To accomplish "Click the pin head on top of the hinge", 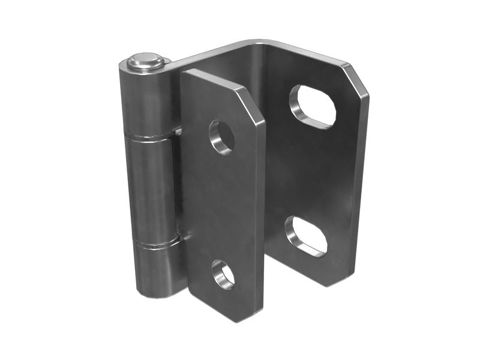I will [146, 61].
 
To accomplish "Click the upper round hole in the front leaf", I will [221, 137].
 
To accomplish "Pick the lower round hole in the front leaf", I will [223, 274].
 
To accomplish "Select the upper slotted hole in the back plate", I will [311, 106].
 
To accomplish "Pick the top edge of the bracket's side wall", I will [210, 57].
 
